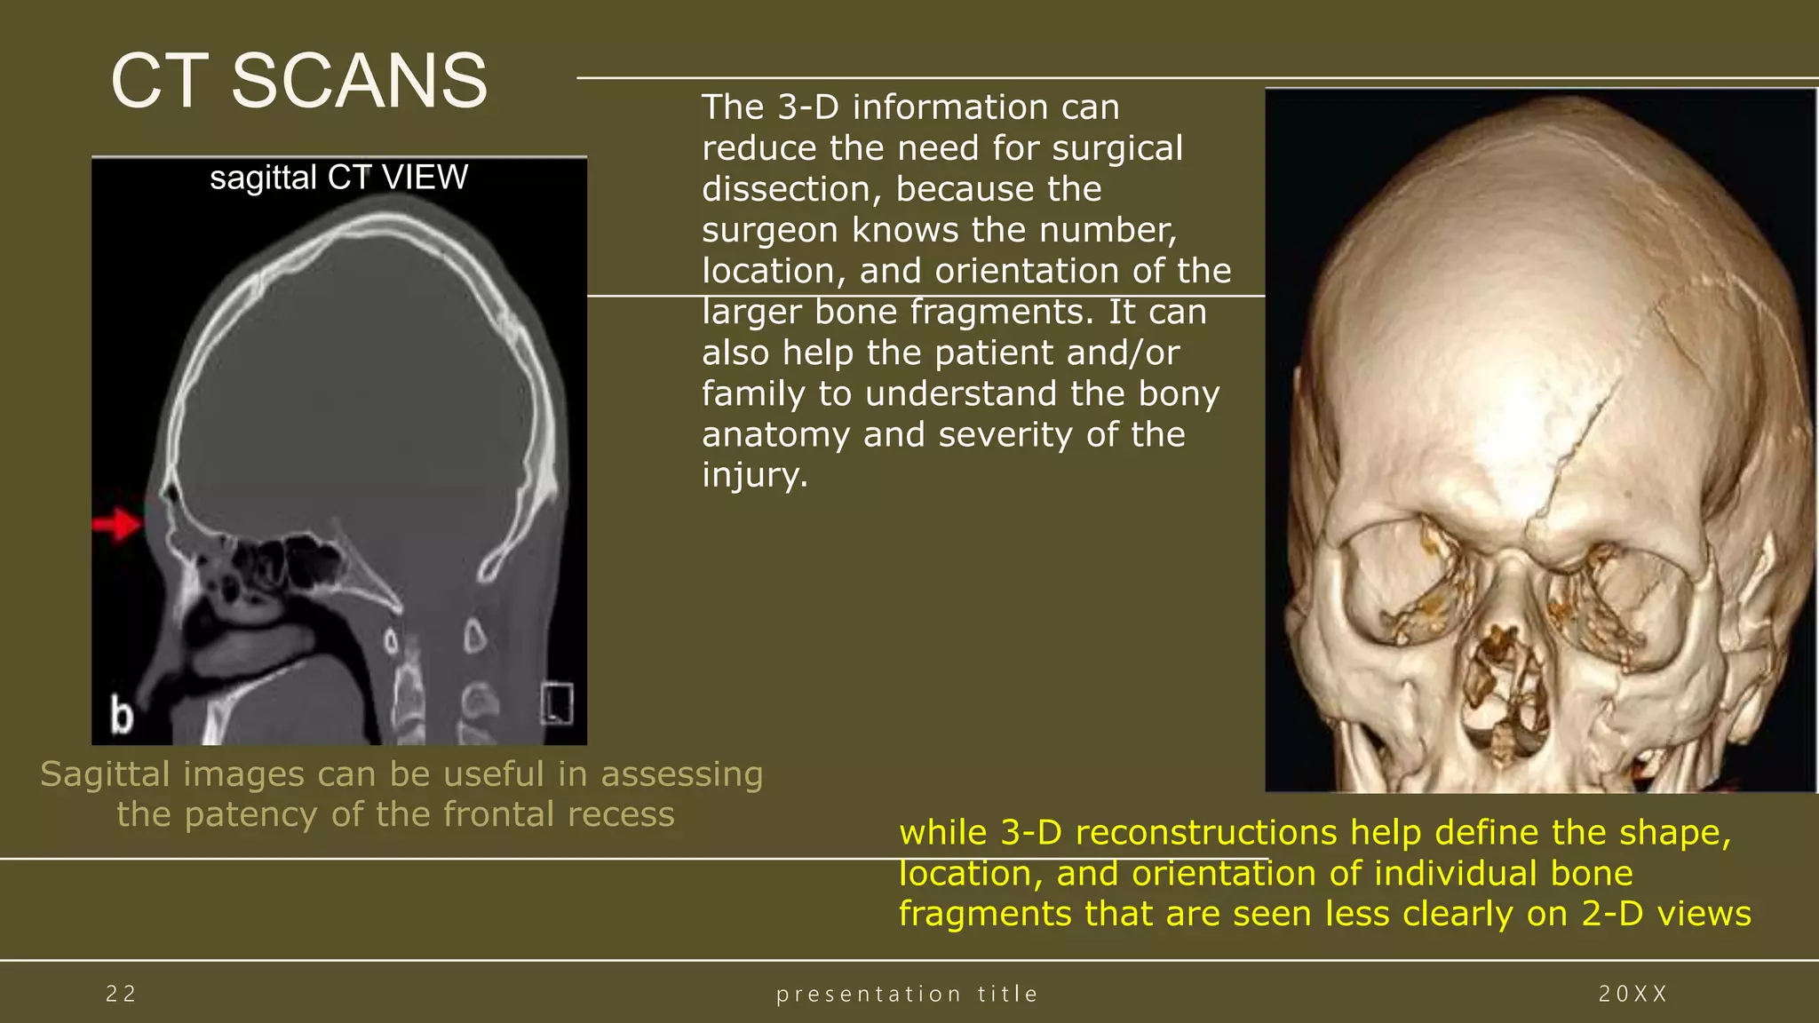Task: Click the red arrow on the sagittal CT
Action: [x=116, y=524]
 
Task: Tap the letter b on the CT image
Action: [x=122, y=715]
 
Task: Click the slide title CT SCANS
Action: [x=298, y=81]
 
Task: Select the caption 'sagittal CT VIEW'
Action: [x=338, y=178]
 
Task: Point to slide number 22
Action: [x=121, y=994]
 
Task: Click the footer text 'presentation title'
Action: [x=907, y=994]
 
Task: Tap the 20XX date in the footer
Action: [x=1632, y=994]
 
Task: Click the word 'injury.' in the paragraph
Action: [x=755, y=475]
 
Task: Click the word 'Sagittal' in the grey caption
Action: [x=106, y=774]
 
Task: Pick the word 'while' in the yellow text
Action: [x=943, y=833]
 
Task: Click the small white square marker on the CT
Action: [x=557, y=703]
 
